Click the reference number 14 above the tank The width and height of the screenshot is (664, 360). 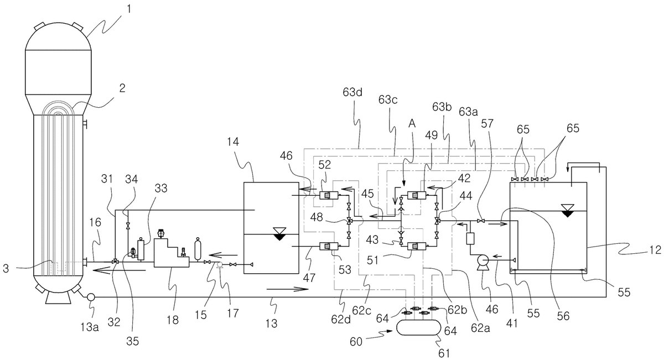click(233, 142)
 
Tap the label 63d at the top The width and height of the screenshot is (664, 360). click(352, 92)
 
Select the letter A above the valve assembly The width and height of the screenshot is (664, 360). click(412, 124)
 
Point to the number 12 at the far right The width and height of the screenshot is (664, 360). click(655, 251)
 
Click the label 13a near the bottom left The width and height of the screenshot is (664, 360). click(90, 327)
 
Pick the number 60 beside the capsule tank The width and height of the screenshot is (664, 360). click(356, 342)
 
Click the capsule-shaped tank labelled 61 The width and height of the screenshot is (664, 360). click(418, 327)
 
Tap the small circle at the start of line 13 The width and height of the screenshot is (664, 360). click(90, 296)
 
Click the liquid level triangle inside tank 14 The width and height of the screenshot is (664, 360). click(279, 234)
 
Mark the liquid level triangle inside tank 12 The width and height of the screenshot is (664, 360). click(567, 211)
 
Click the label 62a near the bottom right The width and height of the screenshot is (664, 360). click(480, 328)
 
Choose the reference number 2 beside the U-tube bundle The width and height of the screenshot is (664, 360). click(122, 88)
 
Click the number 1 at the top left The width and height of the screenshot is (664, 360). click(128, 9)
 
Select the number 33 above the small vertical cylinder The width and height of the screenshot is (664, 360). click(161, 188)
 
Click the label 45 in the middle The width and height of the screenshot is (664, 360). click(367, 194)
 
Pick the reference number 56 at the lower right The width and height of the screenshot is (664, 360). click(563, 316)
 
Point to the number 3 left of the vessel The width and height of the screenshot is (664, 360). click(6, 269)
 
